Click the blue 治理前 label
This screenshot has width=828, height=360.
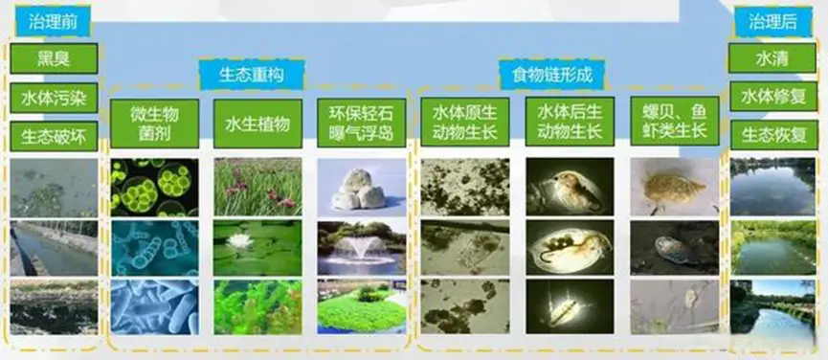53,23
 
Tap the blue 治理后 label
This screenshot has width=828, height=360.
773,22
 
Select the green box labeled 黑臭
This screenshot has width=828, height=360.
54,58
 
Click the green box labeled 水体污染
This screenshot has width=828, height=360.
54,98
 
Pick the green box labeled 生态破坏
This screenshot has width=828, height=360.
54,136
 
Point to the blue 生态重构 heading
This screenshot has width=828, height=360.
252,75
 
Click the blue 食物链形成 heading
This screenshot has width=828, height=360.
551,75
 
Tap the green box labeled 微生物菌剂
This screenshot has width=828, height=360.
154,124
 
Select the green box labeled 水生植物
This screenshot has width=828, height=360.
257,124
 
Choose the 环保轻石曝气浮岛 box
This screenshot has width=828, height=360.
361,124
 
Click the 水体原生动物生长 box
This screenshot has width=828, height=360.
465,122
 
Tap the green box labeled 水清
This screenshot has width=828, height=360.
772,58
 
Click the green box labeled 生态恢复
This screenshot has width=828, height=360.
772,135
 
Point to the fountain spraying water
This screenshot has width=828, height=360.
362,249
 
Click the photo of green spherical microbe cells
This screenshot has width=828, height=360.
154,188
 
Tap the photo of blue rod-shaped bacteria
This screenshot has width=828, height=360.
154,307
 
